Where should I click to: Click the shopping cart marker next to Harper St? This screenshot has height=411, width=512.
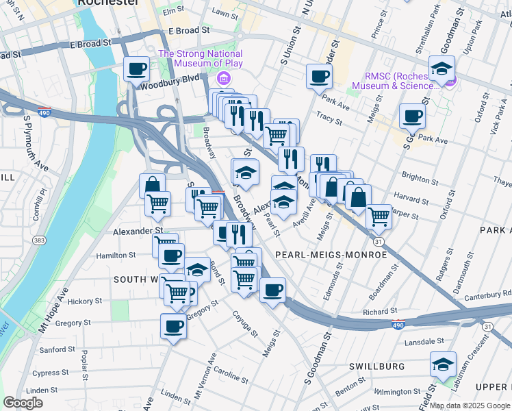tap(379, 216)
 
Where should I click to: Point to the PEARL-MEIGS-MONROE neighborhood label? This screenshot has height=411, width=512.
tap(331, 255)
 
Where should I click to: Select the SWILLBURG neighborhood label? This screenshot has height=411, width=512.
tap(376, 366)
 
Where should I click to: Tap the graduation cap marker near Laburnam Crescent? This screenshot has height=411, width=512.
tap(443, 364)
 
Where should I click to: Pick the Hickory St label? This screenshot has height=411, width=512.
tap(85, 301)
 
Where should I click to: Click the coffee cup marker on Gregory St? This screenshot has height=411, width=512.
tap(174, 325)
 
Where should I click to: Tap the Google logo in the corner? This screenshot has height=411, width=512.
tap(23, 403)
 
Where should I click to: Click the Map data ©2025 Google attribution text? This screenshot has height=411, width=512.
tap(470, 406)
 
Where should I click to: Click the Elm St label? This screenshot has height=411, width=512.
tap(174, 10)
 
